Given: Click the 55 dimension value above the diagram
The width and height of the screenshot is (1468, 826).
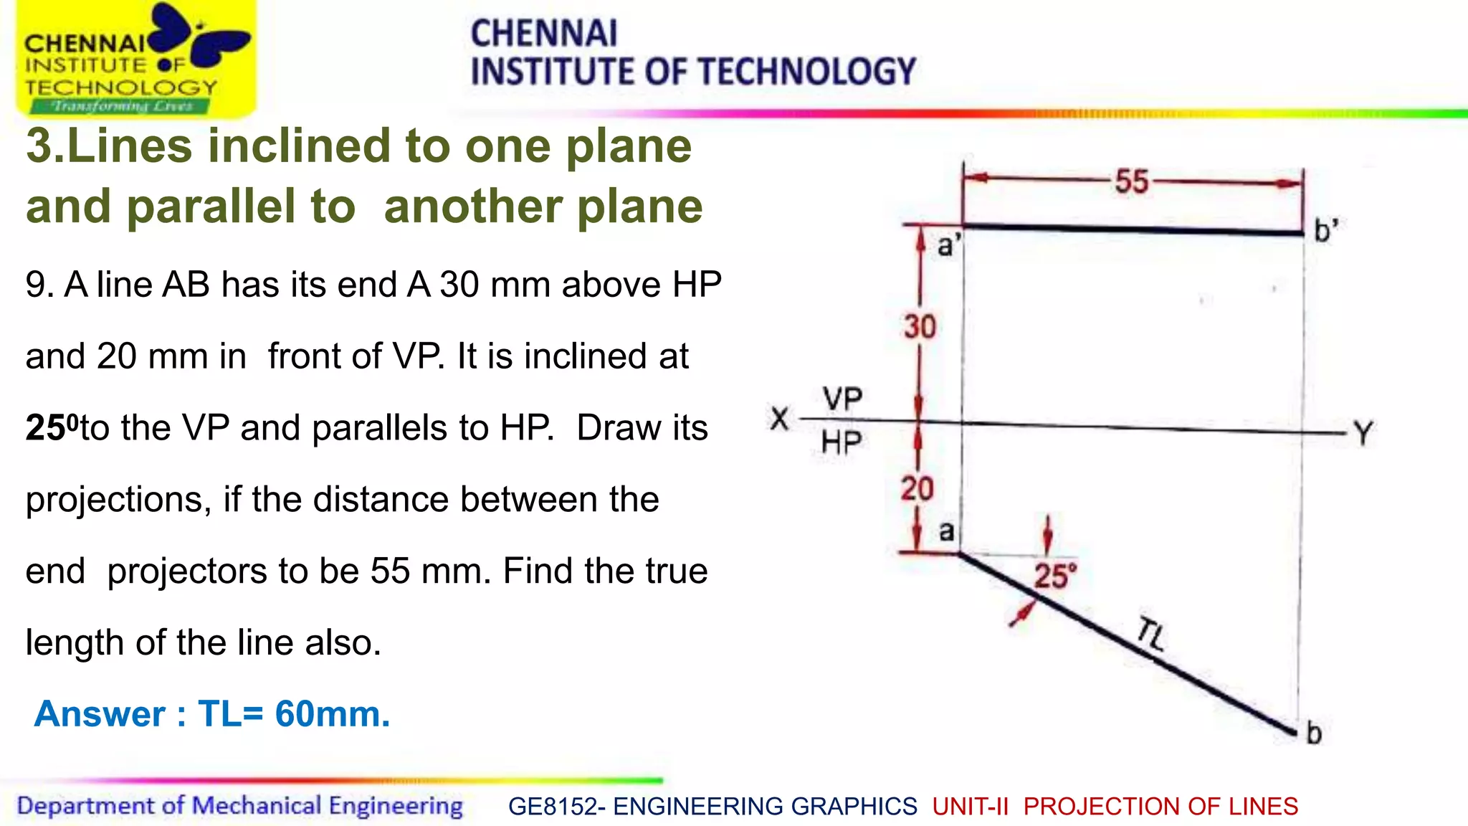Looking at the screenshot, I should click(1132, 181).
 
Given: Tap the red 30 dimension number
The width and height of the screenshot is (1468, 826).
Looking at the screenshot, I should click(920, 327).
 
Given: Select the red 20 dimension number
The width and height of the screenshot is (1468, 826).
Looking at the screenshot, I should click(917, 489).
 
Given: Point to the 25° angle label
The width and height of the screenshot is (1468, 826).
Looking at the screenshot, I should click(1055, 576).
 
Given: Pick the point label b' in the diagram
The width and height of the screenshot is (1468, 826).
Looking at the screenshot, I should click(1325, 231).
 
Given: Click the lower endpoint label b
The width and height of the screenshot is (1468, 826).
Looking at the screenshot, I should click(1314, 734).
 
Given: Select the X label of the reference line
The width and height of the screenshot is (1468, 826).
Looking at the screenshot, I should click(780, 418).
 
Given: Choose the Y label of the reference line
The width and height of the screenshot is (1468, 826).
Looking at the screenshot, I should click(1363, 434).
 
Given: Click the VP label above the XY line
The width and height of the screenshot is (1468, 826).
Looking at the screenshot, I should click(842, 399).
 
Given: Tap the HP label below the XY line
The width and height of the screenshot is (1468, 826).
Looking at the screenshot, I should click(842, 442).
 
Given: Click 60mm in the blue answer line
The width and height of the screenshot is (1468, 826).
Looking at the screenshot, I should click(332, 714).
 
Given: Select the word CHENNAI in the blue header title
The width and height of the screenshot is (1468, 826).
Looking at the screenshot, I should click(543, 34).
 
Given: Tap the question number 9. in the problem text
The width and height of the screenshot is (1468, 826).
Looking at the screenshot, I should click(39, 285).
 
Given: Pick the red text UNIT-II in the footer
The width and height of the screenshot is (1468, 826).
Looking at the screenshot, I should click(971, 807).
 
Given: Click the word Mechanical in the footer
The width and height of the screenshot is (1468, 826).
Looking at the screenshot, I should click(256, 806).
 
